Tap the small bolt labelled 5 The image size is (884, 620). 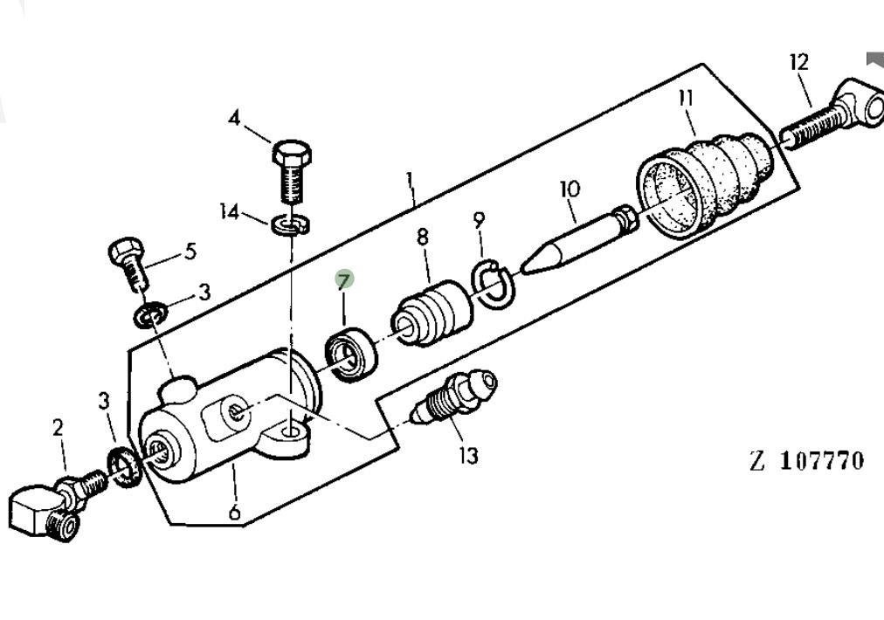[x=128, y=262]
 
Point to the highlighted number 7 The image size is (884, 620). [x=344, y=280]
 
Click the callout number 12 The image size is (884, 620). [x=798, y=62]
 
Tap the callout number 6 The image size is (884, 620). [x=234, y=512]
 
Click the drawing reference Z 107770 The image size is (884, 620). [x=806, y=460]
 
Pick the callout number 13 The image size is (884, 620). [x=468, y=456]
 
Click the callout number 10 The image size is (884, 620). [x=570, y=188]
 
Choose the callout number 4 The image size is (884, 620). [x=233, y=117]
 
